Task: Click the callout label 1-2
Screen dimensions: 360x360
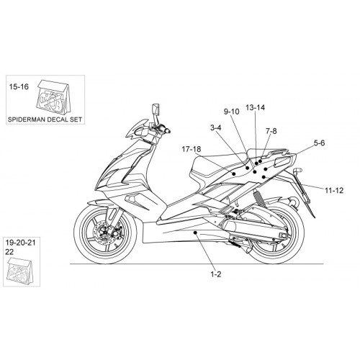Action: point(216,274)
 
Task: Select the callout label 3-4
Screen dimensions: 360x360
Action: point(216,128)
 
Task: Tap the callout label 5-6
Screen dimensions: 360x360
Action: point(319,143)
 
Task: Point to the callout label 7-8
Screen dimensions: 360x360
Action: point(271,131)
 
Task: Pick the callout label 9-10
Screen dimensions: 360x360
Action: point(232,112)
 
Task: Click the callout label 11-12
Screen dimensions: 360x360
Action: point(334,191)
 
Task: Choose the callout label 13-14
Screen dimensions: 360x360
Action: point(255,107)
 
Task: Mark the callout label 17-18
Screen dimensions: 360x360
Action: point(192,149)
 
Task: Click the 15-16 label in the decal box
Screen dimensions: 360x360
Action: point(19,86)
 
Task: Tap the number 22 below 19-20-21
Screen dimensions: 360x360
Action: point(9,252)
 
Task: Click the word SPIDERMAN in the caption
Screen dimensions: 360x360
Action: point(26,120)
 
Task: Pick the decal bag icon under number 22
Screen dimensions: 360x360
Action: point(20,270)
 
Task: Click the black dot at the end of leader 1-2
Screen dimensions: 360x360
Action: point(195,233)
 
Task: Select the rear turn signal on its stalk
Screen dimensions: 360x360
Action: point(297,171)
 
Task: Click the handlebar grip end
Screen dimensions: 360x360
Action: point(167,130)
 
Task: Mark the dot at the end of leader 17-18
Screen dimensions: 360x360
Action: point(234,174)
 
